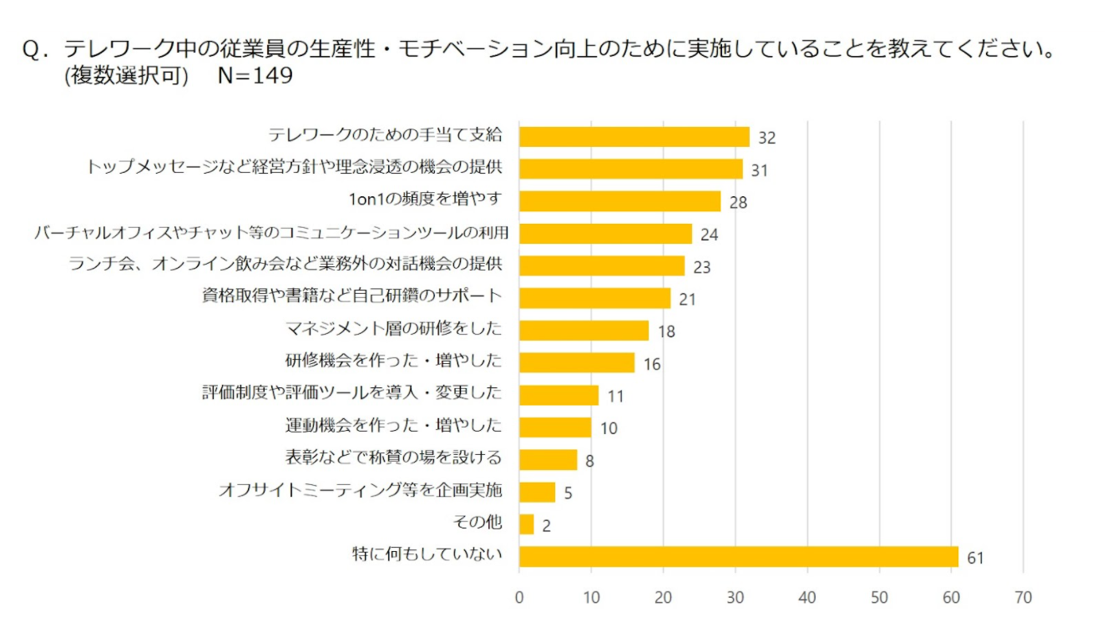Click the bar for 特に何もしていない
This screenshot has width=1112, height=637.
coord(739,557)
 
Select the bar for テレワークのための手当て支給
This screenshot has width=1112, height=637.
coord(634,136)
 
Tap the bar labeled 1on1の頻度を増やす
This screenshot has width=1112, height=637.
coord(619,201)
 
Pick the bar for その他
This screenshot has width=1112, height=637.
coord(527,524)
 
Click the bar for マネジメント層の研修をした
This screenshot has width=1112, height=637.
coord(584,331)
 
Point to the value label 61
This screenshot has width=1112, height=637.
coord(975,558)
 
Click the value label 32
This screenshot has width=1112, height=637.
coord(766,138)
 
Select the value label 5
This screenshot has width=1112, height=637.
coord(568,493)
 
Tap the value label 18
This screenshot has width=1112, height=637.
coord(665,331)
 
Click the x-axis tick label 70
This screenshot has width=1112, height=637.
coord(1022,598)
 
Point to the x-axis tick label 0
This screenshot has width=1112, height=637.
coord(519,598)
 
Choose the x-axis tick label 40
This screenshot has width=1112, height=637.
coord(806,598)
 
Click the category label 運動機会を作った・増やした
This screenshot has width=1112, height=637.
coord(394,426)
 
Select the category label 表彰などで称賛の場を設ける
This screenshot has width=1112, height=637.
coord(394,458)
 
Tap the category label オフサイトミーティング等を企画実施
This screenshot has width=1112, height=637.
coord(361,490)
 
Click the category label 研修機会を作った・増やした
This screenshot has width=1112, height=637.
coord(394,361)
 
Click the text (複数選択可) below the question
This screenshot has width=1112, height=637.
coord(126,76)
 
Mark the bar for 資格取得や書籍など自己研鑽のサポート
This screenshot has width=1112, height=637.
coord(594,298)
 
